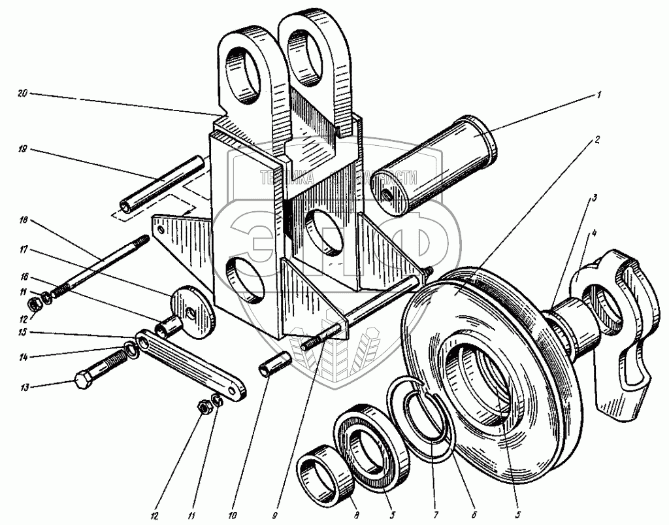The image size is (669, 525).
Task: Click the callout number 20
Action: (x=22, y=95)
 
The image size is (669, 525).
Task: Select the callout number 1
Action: (x=598, y=94)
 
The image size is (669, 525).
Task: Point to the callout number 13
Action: (x=24, y=387)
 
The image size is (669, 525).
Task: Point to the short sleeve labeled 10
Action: (x=275, y=363)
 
